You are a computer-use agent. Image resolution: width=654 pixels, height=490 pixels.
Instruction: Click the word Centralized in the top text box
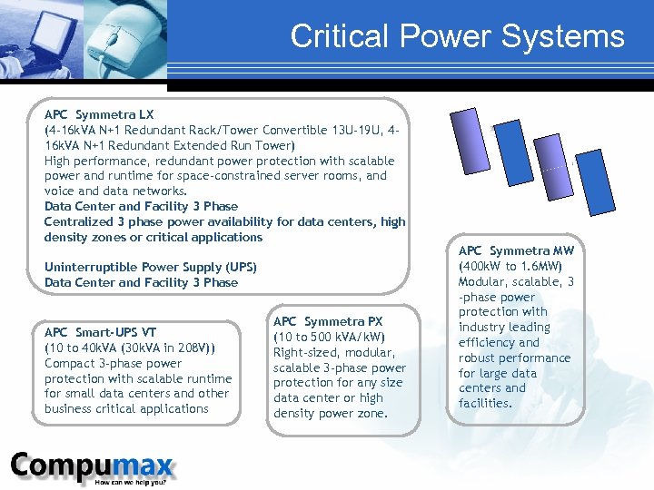coord(80,221)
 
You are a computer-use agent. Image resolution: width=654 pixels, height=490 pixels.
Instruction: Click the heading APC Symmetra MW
coord(516,250)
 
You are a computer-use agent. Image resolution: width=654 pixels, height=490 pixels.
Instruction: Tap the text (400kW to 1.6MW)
coord(510,266)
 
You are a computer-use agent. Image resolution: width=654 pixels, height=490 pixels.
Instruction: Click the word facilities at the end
coord(485,403)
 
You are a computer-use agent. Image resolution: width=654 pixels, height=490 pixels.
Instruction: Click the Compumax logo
coord(92,467)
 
